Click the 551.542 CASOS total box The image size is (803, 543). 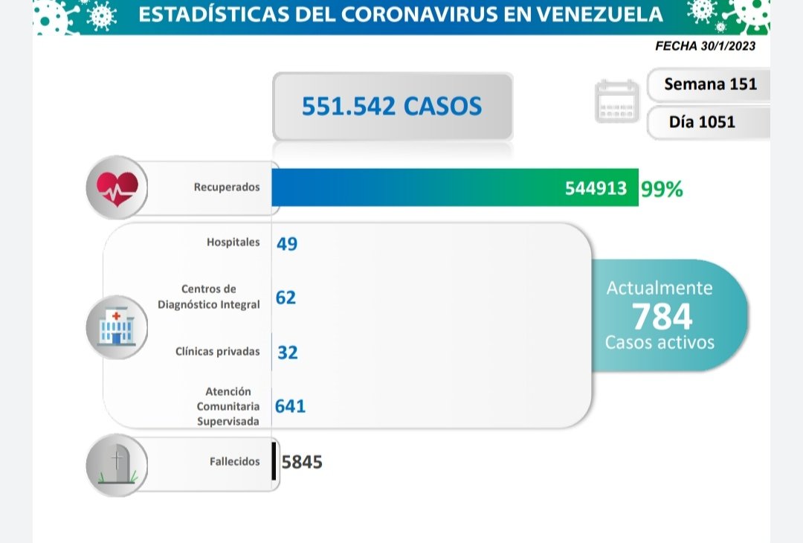pos(392,106)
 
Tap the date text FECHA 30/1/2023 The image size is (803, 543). pos(705,45)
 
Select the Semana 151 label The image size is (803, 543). pos(710,84)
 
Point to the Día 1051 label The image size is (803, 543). pos(701,122)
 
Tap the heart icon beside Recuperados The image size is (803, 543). pos(117,187)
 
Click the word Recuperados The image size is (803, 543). pos(227,187)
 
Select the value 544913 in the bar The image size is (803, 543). pos(596,189)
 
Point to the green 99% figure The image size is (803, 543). pos(662,189)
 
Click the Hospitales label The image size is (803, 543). pos(233,242)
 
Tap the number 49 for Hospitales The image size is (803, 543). pos(287,244)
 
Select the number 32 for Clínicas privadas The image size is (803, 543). pos(287,353)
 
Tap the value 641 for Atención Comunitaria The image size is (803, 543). pos(291,406)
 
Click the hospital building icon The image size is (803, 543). pos(117,327)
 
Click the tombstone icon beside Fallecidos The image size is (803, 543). pos(117,464)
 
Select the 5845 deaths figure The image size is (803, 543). pos(302,463)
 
